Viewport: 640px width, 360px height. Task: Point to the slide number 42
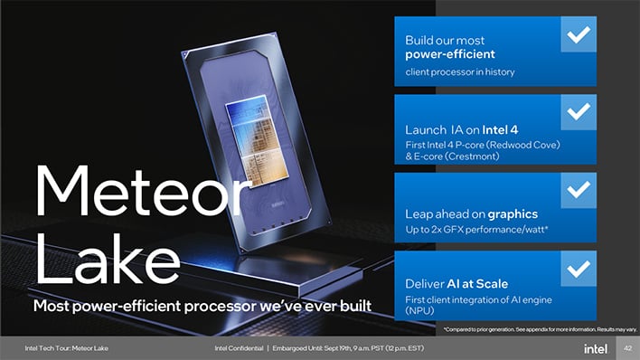click(621, 347)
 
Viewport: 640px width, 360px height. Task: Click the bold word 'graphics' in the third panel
click(513, 214)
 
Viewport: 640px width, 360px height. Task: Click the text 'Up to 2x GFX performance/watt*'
click(470, 232)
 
